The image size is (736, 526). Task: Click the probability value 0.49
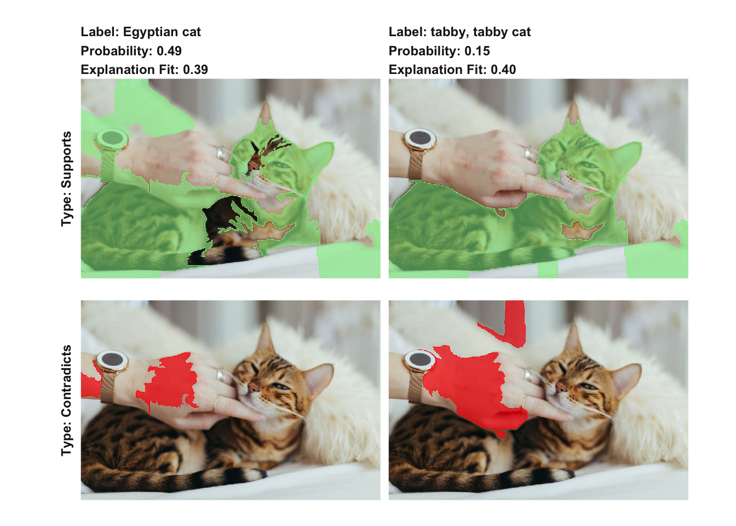coord(169,51)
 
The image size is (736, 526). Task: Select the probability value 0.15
coord(477,51)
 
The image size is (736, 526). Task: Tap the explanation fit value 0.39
coord(195,70)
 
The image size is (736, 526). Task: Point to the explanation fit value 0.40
coord(503,70)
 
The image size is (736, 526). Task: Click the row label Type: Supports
coord(66,179)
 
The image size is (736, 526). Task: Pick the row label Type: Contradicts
coord(66,401)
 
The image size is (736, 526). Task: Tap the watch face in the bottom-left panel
coord(112,359)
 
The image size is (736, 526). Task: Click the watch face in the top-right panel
coord(420,138)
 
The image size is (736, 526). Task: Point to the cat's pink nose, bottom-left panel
coord(252,387)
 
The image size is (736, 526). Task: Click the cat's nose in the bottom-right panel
coord(561,387)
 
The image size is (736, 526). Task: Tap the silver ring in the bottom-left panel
coord(221,374)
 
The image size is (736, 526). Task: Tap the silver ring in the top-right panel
coord(528,153)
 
